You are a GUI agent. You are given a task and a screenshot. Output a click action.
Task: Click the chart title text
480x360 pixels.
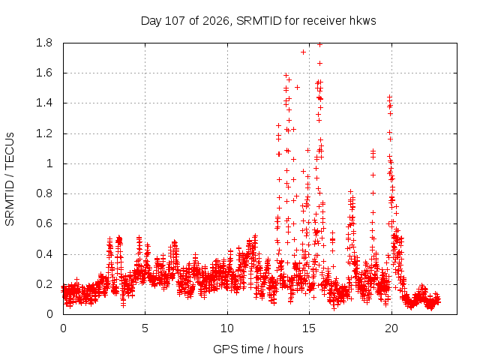point(258,21)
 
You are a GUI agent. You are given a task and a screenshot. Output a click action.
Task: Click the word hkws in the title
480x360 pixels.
point(363,21)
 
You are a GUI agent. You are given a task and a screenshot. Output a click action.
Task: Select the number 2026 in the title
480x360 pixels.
point(216,21)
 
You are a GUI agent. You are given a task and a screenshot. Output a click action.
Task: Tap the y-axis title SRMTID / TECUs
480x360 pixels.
point(10,179)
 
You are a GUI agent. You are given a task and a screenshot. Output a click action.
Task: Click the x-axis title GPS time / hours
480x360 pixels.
point(258,349)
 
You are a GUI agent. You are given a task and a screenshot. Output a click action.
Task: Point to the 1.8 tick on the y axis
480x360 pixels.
point(44,43)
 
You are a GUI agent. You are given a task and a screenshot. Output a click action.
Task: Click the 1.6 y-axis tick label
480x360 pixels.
point(44,73)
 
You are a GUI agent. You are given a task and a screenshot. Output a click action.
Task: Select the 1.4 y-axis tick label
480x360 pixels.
point(44,103)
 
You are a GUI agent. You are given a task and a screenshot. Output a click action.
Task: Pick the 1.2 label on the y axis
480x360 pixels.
point(44,133)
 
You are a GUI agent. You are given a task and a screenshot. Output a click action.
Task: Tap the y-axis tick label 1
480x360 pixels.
point(49,163)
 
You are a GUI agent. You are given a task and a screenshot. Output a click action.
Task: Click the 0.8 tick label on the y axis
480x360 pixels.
point(44,193)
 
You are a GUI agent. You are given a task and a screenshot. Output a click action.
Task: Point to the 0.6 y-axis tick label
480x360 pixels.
point(44,223)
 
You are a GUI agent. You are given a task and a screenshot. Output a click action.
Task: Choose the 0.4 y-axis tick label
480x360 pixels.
point(44,254)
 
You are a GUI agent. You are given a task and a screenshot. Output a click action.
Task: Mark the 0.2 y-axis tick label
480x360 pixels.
point(44,284)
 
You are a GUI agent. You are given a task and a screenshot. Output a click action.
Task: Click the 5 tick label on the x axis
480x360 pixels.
point(145,328)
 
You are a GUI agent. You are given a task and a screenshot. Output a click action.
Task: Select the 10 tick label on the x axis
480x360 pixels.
point(227,328)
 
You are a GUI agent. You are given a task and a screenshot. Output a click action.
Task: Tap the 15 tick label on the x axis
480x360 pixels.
point(309,328)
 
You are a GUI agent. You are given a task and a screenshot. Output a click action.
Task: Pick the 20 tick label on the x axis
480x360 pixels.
point(391,328)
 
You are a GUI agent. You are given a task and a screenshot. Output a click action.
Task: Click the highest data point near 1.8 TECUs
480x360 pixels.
point(320,45)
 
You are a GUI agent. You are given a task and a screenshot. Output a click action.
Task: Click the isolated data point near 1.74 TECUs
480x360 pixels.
point(303,52)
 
